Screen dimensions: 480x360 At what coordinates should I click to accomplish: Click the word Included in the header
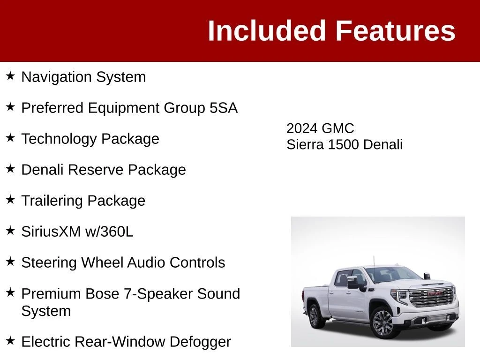(266, 30)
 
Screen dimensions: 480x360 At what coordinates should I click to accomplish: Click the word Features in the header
(396, 30)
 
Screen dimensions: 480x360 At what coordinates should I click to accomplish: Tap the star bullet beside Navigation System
(10, 75)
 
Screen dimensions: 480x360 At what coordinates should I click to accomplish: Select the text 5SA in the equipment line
(224, 108)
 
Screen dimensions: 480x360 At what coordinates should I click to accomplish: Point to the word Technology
(59, 139)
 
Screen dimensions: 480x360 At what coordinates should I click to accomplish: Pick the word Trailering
(52, 201)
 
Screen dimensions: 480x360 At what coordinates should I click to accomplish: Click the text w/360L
(109, 232)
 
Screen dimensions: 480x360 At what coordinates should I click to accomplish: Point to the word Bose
(102, 293)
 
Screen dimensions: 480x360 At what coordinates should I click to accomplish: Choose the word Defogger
(200, 342)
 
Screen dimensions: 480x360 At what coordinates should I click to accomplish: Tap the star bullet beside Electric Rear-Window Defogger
(10, 340)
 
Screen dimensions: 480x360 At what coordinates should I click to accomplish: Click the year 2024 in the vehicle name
(301, 128)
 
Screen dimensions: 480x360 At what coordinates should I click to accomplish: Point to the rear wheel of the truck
(315, 316)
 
